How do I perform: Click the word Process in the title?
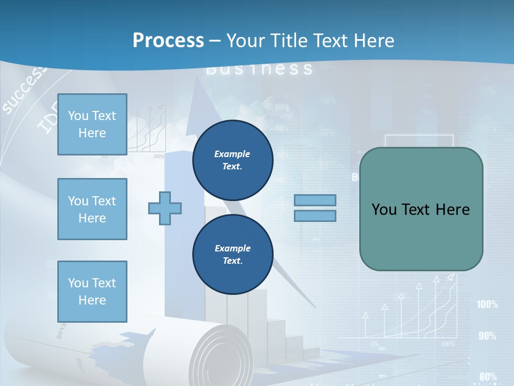(168, 40)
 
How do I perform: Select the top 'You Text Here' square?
(92, 124)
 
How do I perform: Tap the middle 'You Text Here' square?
(92, 209)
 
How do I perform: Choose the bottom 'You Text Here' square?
(92, 292)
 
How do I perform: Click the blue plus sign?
(165, 208)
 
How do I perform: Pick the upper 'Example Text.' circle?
(232, 160)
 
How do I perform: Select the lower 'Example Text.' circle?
(232, 255)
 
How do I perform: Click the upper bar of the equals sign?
(315, 200)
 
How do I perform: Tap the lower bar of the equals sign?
(315, 216)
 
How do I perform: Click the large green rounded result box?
(421, 209)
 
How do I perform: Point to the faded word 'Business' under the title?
(259, 69)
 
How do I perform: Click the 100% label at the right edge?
(487, 305)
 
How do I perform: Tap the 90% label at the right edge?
(487, 336)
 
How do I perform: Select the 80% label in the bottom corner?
(488, 376)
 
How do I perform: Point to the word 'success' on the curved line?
(24, 92)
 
